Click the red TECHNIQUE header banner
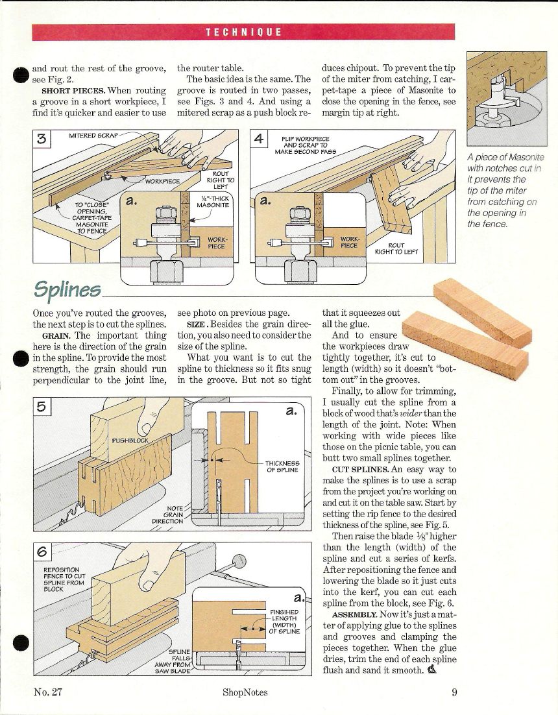pyautogui.click(x=243, y=32)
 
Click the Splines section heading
pyautogui.click(x=67, y=288)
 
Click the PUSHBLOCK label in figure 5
pyautogui.click(x=130, y=440)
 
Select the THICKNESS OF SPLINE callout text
pyautogui.click(x=282, y=467)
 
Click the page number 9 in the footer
pyautogui.click(x=454, y=692)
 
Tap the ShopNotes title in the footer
pyautogui.click(x=245, y=692)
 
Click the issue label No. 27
pyautogui.click(x=47, y=692)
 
